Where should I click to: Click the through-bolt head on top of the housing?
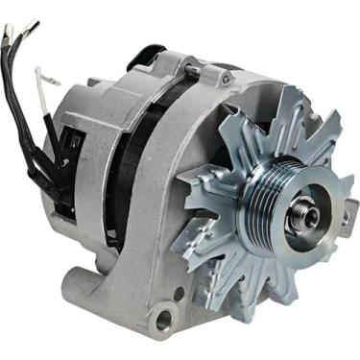pyautogui.click(x=193, y=69)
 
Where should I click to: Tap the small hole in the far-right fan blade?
pyautogui.click(x=343, y=219)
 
